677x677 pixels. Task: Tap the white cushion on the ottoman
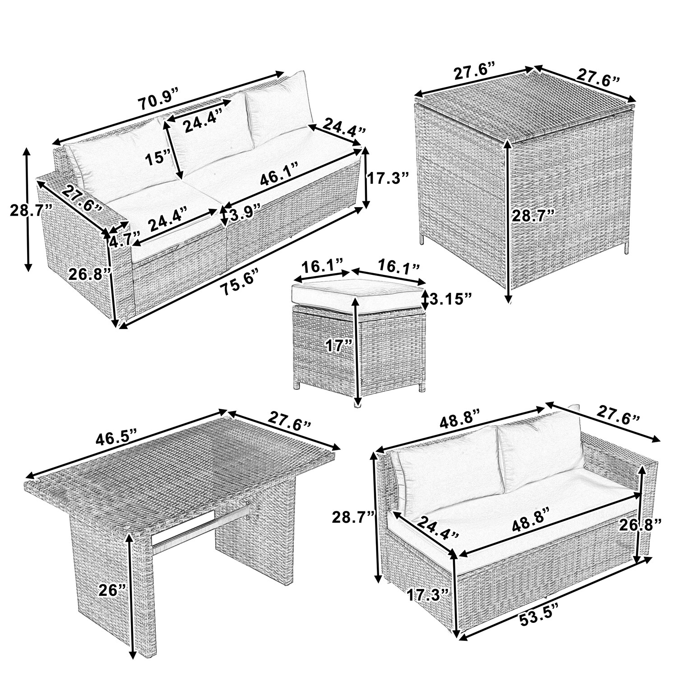point(359,293)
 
